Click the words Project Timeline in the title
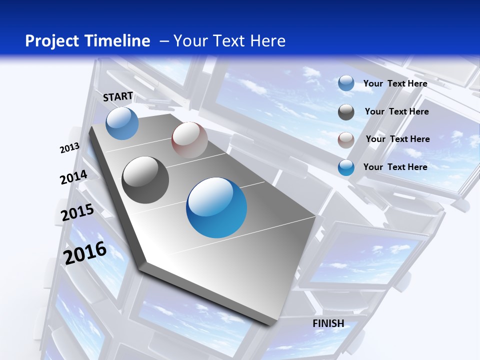click(x=87, y=41)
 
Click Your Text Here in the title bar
click(x=229, y=41)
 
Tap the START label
click(x=118, y=97)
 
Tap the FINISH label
click(x=328, y=323)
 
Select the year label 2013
click(x=69, y=148)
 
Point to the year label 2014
click(x=73, y=177)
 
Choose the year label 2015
click(x=77, y=212)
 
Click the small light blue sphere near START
click(x=122, y=123)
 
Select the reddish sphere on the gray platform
click(x=189, y=140)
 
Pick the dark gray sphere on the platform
click(x=145, y=180)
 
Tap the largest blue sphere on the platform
click(x=216, y=207)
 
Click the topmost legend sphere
click(x=346, y=83)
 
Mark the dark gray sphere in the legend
click(x=346, y=112)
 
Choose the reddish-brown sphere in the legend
click(x=346, y=140)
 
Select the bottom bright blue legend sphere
click(x=346, y=167)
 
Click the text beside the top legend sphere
click(x=395, y=83)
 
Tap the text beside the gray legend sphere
click(x=396, y=111)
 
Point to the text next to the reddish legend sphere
click(x=397, y=139)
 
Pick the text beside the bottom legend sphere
click(x=395, y=167)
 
